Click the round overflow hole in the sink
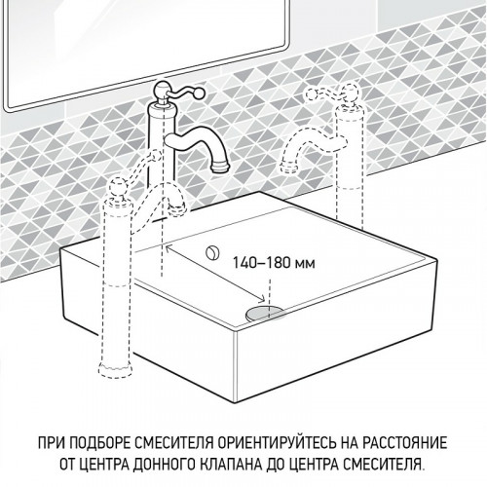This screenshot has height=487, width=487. [210, 252]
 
